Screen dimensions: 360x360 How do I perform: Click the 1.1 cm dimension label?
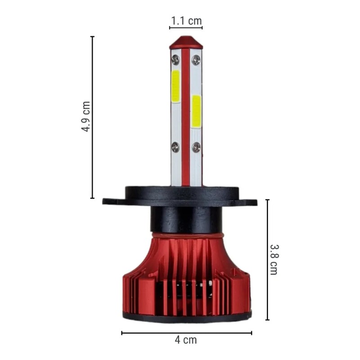[x=186, y=21]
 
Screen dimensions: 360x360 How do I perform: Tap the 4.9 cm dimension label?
[x=86, y=117]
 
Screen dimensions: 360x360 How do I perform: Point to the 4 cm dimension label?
[x=186, y=340]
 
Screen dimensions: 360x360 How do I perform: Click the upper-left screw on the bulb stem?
[x=175, y=59]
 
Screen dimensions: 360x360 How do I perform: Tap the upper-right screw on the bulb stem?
[x=196, y=60]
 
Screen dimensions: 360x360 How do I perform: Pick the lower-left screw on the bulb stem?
[x=175, y=147]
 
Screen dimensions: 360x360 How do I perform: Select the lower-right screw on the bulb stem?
[x=196, y=147]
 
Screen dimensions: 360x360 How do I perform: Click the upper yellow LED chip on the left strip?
[x=175, y=86]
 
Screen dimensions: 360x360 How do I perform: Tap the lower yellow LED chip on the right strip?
[x=196, y=111]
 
